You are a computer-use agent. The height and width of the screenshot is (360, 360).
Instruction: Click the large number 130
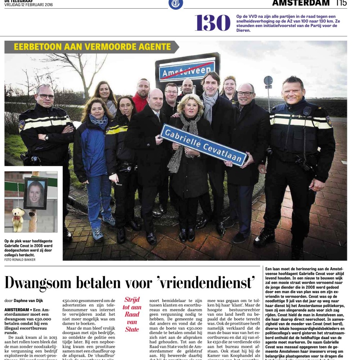[212, 23]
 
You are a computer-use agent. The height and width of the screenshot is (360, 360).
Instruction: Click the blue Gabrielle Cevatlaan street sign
[203, 145]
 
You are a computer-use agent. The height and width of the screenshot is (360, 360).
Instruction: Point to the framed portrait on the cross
[36, 193]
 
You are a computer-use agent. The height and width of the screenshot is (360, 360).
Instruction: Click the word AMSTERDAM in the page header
[301, 3]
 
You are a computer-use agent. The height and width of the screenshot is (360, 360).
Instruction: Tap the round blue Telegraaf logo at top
[176, 4]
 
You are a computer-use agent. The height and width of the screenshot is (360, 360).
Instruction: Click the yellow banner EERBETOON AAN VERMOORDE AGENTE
[92, 47]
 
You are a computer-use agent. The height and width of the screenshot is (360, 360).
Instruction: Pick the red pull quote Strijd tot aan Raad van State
[132, 314]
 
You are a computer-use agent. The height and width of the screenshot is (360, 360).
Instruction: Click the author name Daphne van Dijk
[29, 300]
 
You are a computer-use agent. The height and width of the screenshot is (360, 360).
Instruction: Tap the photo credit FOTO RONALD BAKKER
[20, 259]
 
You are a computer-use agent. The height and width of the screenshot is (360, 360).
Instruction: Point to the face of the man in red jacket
[143, 87]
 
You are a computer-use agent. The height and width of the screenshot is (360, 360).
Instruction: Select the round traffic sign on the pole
[268, 81]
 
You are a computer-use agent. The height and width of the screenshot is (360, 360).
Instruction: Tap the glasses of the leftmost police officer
[46, 96]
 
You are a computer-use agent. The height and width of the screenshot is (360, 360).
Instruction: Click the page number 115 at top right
[341, 3]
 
